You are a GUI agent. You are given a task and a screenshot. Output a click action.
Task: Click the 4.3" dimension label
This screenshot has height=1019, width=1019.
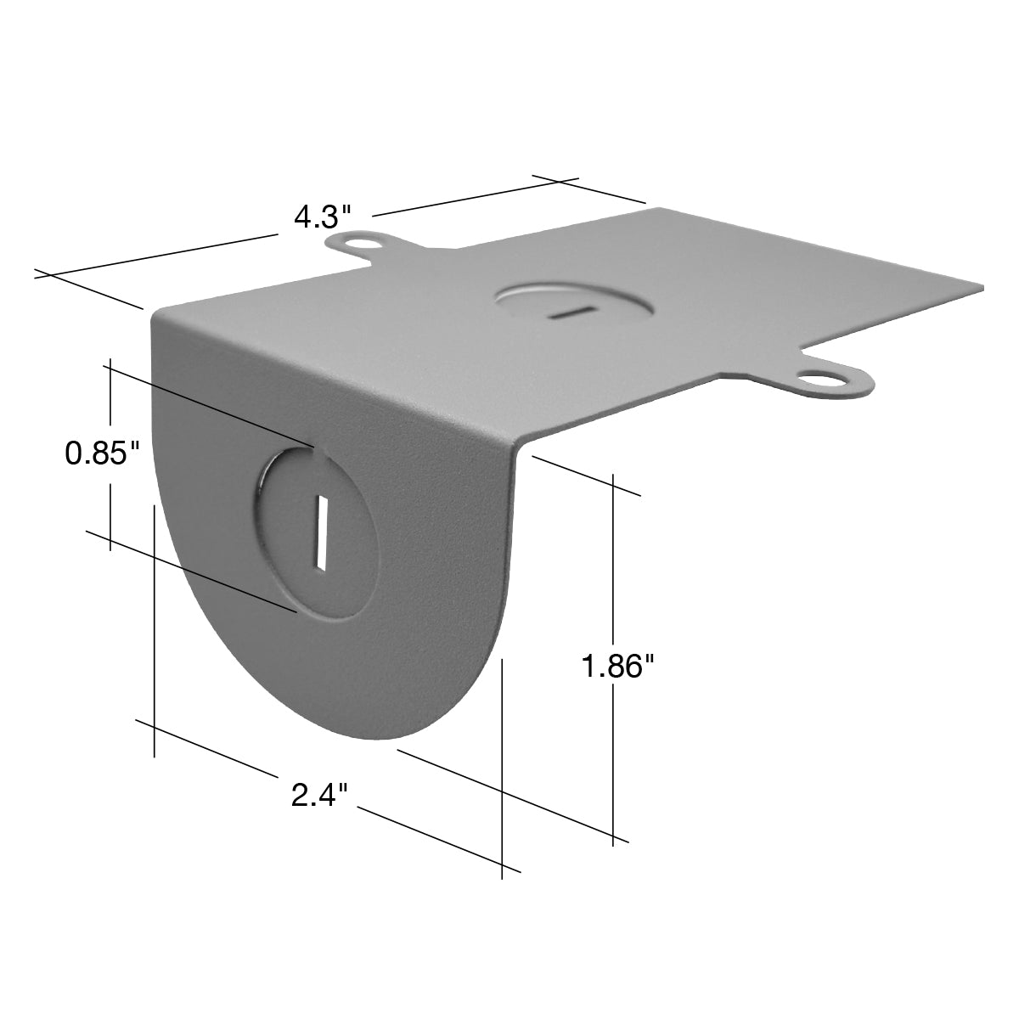coord(322,217)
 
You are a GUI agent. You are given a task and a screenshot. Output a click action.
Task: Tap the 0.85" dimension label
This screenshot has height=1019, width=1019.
coord(103,453)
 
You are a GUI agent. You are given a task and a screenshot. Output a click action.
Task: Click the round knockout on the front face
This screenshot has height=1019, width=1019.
coord(316,532)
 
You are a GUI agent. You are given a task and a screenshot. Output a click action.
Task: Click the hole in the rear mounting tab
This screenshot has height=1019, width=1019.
coord(363,242)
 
